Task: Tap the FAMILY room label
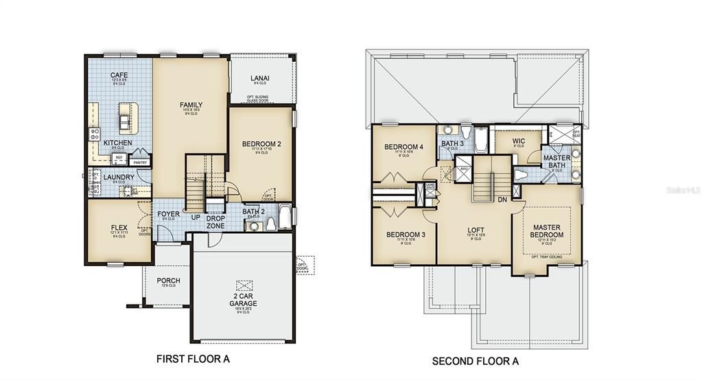(x=191, y=105)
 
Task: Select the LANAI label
(x=259, y=79)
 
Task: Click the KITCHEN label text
(x=117, y=143)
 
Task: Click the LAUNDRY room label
(x=119, y=177)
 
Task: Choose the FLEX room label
(x=119, y=227)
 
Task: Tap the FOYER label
(x=168, y=214)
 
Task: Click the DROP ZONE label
(x=215, y=222)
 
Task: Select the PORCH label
(x=168, y=280)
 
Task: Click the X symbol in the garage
(x=244, y=286)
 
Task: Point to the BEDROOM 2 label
(x=261, y=144)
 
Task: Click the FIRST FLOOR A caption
(x=193, y=358)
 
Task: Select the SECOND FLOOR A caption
(x=475, y=360)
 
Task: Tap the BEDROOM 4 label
(x=403, y=147)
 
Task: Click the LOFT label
(x=476, y=230)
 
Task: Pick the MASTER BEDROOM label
(x=546, y=230)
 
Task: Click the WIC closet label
(x=519, y=141)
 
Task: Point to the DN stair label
(x=502, y=200)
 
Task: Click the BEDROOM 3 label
(x=406, y=235)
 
